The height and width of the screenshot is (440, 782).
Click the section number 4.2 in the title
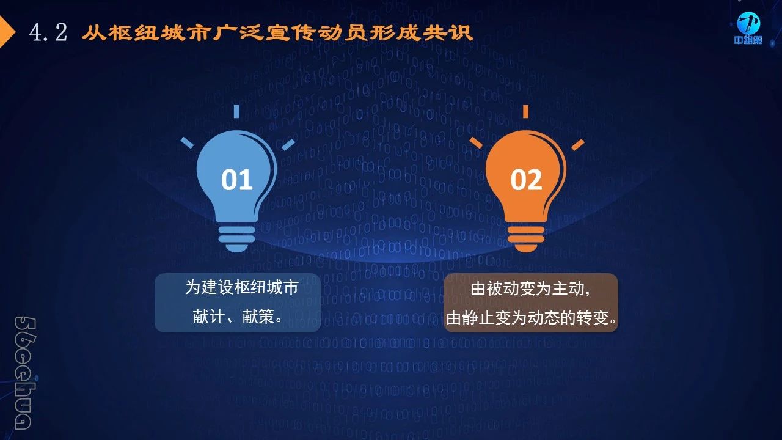coord(48,32)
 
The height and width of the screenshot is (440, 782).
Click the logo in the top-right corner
coord(748,28)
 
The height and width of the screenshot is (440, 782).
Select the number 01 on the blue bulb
coord(236,180)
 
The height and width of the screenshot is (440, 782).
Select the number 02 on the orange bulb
coord(526,180)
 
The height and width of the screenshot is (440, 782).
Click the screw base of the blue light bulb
coord(236,239)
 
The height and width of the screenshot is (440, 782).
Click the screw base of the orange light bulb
coord(526,239)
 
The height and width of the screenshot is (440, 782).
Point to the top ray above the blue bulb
coord(236,111)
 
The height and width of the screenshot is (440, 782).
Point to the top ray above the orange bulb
coord(526,111)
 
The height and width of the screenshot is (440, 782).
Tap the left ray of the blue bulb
coord(187,142)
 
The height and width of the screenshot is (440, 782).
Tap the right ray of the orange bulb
coord(578,145)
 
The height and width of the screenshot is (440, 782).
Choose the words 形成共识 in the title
coord(421,33)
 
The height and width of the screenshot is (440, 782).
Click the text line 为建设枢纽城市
coord(241,287)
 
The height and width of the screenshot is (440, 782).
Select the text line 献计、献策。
coord(238,317)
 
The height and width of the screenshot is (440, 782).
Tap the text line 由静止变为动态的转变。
coord(531,317)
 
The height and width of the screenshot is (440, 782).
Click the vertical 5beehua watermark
coord(25,373)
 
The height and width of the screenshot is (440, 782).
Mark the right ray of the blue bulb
coord(288,145)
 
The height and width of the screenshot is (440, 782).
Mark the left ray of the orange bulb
coord(476,142)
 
